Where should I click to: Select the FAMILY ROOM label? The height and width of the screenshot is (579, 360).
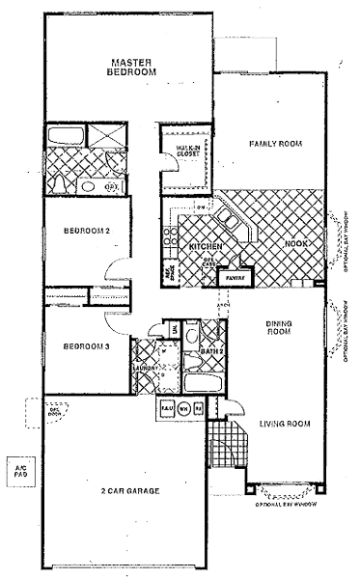(x=275, y=144)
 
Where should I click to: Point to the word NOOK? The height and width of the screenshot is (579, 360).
(x=295, y=245)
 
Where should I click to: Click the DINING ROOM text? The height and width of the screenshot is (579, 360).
(x=279, y=328)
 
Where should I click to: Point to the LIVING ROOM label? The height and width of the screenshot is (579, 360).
(x=284, y=423)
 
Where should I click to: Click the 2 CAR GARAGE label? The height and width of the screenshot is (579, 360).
(x=129, y=491)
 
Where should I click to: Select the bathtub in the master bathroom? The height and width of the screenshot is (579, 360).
(x=65, y=134)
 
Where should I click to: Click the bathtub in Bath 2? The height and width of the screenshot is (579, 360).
(x=202, y=384)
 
